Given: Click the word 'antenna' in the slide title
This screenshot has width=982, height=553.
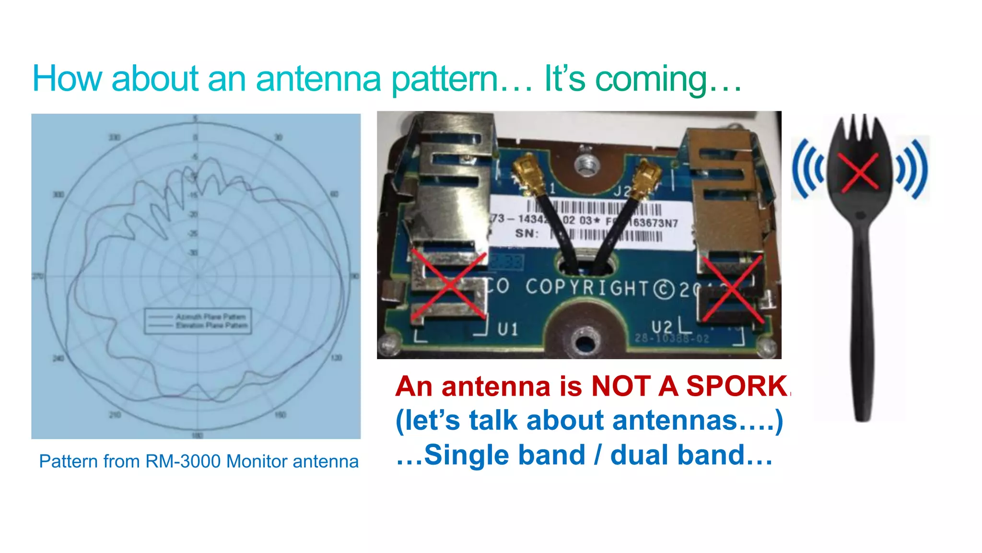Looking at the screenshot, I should point(318,79).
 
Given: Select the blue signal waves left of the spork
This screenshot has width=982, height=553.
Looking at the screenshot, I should point(807,169).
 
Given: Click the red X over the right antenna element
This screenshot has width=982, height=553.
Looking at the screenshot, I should point(732,288).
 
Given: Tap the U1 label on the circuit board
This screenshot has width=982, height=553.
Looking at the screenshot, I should point(508,329).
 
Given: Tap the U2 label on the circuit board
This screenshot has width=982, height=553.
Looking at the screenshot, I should point(662,327).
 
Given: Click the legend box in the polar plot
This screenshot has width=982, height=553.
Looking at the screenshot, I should point(198,321).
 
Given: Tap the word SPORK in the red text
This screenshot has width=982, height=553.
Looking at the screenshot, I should point(736,386).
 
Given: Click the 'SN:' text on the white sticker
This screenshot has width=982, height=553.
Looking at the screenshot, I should point(526,234).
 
